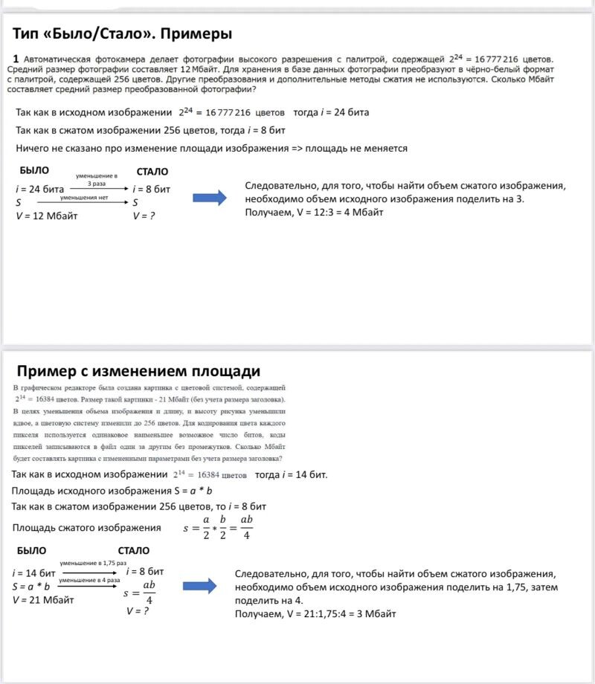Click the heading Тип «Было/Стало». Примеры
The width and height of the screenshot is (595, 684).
pos(123,33)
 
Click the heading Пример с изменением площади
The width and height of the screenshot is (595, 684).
pos(138,371)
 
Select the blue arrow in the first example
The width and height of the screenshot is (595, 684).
pos(209,197)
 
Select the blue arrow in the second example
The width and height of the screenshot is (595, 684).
pos(199,587)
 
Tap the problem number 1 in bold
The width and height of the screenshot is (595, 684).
pos(16,58)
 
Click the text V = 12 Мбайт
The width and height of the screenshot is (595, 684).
pos(47,216)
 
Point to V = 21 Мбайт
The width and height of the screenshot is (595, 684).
pos(43,599)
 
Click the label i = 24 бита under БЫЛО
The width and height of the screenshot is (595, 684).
pos(39,189)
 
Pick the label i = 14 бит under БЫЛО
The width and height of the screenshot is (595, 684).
pos(34,573)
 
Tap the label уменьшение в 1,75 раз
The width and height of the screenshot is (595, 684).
pos(93,564)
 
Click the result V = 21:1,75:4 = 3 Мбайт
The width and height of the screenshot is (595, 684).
pos(315,614)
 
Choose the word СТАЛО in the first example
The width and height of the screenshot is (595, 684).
pos(152,172)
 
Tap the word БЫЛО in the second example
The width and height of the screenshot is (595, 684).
pos(31,551)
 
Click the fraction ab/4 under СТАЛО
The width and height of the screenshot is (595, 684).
pos(149,593)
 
